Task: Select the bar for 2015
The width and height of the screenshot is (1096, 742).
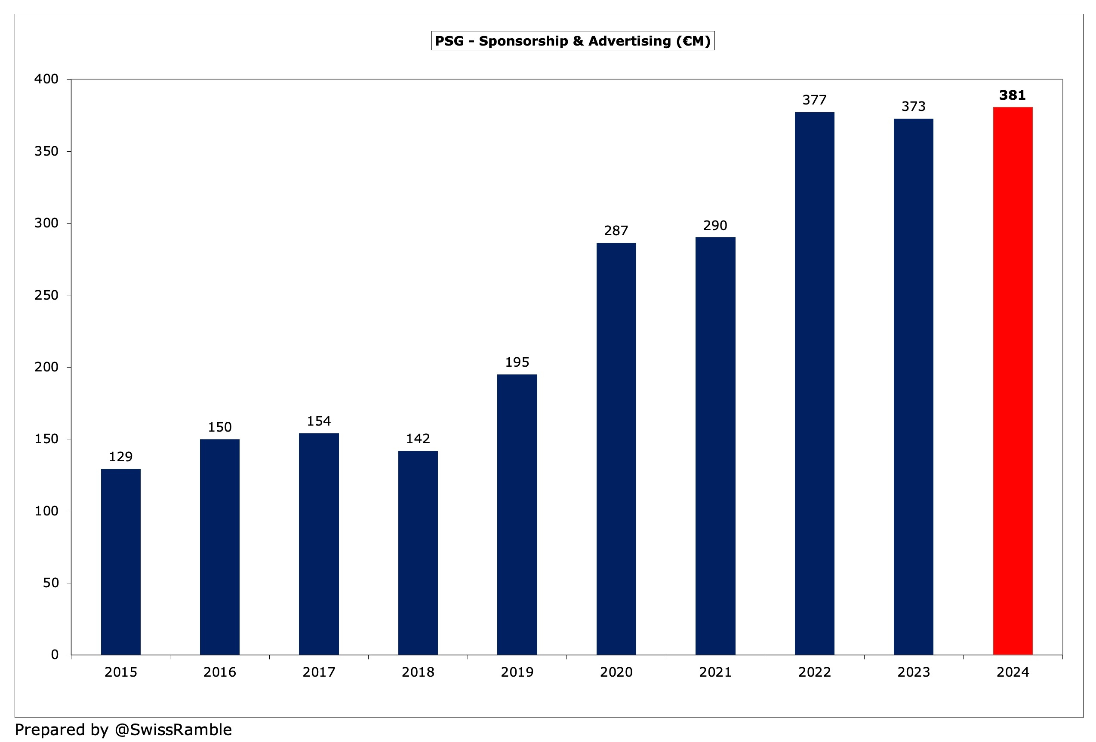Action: tap(121, 561)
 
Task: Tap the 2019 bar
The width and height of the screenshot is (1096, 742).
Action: tap(517, 514)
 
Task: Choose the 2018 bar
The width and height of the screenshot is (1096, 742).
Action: tap(418, 552)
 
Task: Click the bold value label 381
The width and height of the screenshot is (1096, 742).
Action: tap(1013, 96)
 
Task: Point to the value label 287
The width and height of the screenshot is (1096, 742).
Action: tap(616, 230)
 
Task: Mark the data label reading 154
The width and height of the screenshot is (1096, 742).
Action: tap(319, 421)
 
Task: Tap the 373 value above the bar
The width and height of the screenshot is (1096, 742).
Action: tap(914, 107)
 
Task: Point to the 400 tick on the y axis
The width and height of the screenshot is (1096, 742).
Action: tap(46, 79)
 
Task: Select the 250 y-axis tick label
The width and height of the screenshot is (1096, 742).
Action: tap(46, 295)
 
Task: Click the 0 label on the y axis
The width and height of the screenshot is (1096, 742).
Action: tap(55, 654)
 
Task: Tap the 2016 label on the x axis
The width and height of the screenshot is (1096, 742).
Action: tap(220, 672)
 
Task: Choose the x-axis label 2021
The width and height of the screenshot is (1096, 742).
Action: tap(715, 672)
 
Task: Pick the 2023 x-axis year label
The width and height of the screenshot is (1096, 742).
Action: tap(914, 672)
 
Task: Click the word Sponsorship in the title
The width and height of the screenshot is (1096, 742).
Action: tap(523, 41)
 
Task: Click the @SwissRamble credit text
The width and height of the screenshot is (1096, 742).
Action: tap(173, 729)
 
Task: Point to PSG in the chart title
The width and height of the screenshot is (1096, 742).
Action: tap(449, 41)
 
